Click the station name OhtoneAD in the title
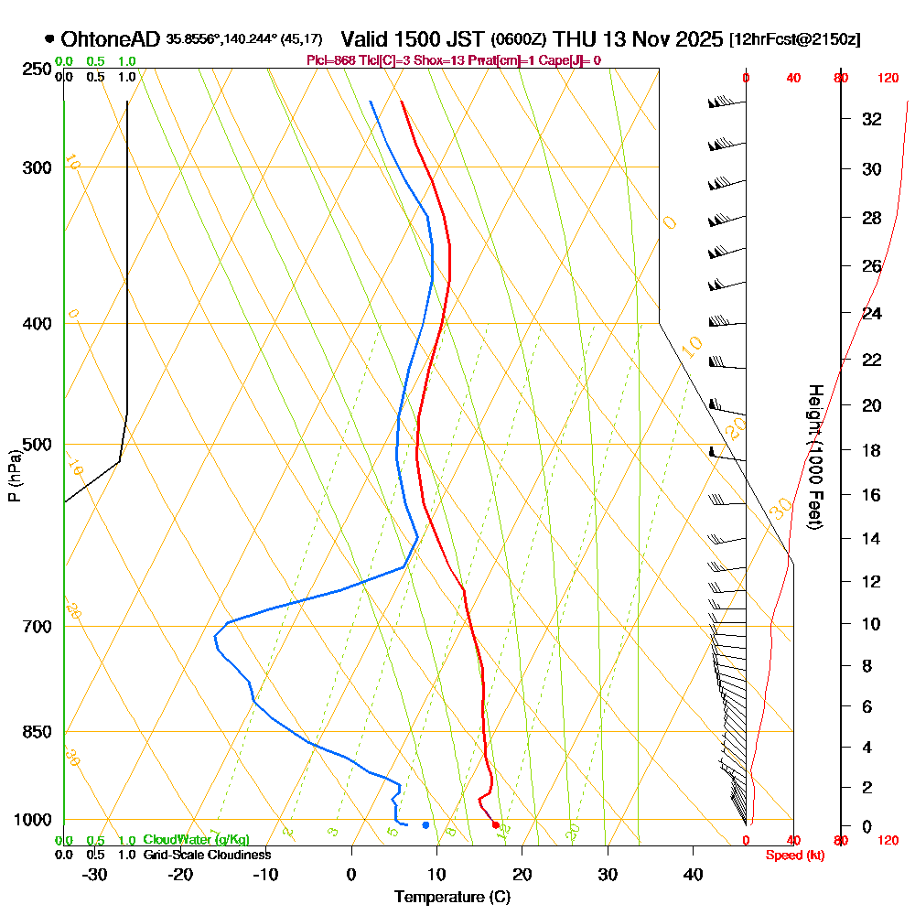(111, 39)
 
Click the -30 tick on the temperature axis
(95, 873)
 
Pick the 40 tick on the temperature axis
(693, 873)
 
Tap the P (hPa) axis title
(14, 475)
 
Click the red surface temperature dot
(496, 825)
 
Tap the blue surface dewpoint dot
(425, 825)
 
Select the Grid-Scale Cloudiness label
(207, 855)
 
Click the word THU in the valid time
(576, 39)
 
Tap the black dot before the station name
(48, 39)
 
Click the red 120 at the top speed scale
(888, 79)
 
